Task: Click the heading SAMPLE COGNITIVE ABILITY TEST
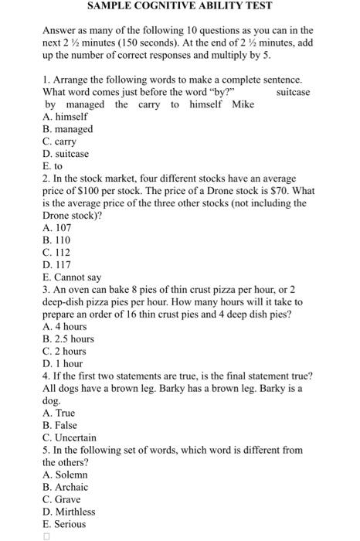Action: pyautogui.click(x=180, y=6)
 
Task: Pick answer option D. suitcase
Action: pyautogui.click(x=66, y=154)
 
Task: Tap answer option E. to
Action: pyautogui.click(x=53, y=166)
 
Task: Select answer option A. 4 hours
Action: pyautogui.click(x=65, y=327)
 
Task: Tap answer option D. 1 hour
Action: pyautogui.click(x=63, y=363)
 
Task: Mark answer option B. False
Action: pyautogui.click(x=59, y=425)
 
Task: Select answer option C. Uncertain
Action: pyautogui.click(x=70, y=437)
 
